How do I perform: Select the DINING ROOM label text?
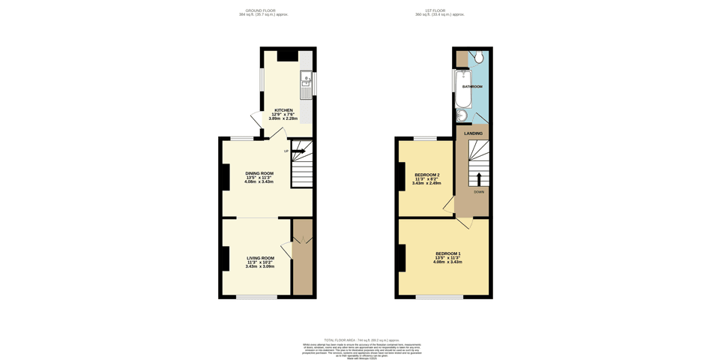point(259,173)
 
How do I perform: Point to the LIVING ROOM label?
point(261,258)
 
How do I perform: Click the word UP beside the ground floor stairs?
point(286,151)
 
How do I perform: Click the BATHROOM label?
point(472,87)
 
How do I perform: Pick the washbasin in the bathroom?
point(461,115)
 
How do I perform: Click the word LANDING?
point(474,133)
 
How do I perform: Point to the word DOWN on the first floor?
point(478,192)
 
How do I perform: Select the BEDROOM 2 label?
point(427,175)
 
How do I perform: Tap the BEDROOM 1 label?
point(448,253)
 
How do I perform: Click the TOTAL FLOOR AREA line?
point(356,340)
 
